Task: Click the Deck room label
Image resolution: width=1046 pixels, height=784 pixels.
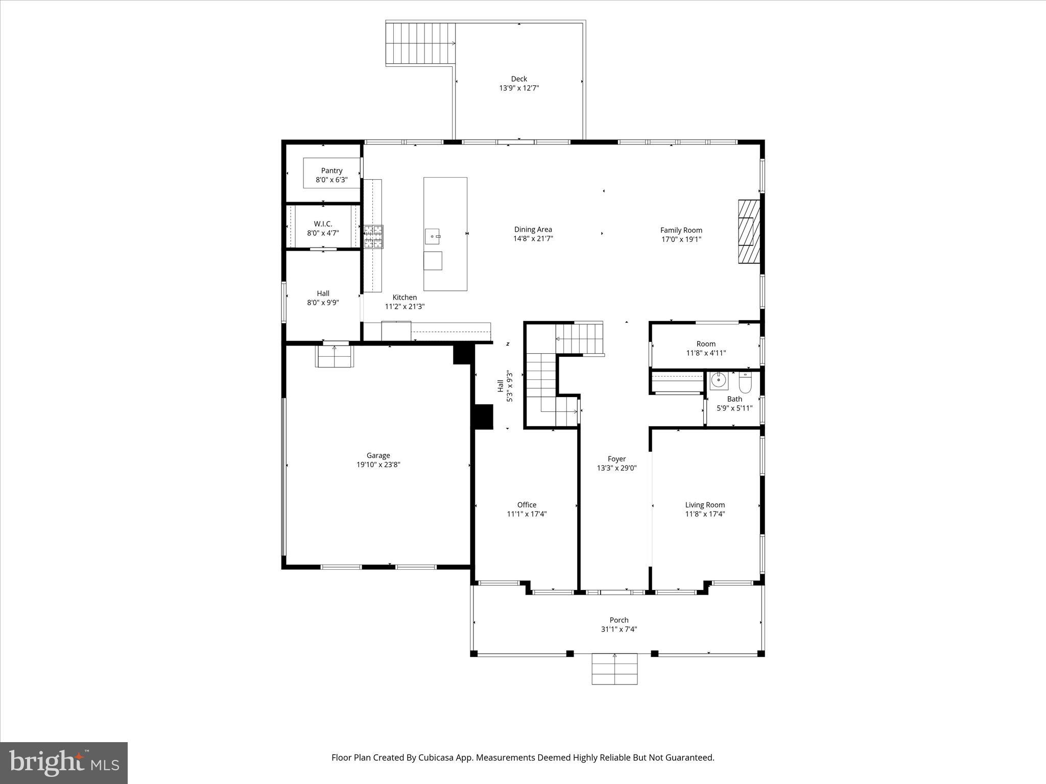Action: (x=519, y=79)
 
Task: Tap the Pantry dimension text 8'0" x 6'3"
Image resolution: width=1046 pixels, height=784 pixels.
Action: (x=331, y=180)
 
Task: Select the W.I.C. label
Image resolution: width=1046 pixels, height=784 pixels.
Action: (x=323, y=224)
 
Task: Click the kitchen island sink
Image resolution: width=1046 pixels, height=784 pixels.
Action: (x=433, y=237)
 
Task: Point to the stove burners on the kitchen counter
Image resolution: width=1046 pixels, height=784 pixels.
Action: (x=373, y=237)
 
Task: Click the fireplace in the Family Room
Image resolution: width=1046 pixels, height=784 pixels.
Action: (x=749, y=232)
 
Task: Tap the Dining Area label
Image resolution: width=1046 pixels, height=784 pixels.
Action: (x=533, y=230)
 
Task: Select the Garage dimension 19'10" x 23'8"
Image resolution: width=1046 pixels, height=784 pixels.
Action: (x=378, y=465)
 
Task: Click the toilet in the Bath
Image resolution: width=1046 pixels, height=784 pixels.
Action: (x=746, y=382)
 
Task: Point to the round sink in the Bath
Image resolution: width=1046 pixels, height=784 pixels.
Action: (x=719, y=380)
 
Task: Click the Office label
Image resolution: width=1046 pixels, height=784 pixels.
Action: (x=527, y=505)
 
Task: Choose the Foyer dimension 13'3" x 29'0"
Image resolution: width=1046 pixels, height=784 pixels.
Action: (x=616, y=468)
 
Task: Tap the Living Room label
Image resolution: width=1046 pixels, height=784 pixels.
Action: (x=705, y=505)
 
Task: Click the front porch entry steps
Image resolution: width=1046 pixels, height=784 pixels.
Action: (x=614, y=669)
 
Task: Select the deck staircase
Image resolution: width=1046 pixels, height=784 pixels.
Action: (x=420, y=44)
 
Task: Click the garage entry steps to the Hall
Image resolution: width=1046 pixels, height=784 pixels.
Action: (x=334, y=356)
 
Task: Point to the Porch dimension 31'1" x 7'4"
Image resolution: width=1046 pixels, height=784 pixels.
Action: (x=619, y=629)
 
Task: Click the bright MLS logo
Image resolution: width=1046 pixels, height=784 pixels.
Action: (x=64, y=763)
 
